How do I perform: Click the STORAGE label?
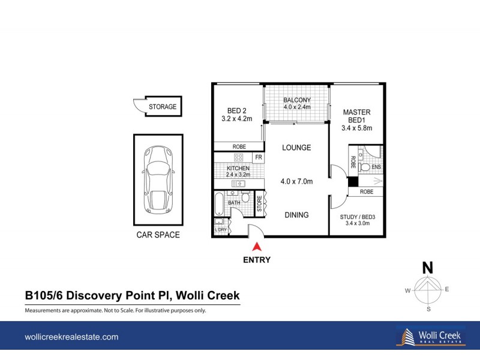(163, 107)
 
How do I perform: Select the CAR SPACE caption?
(158, 235)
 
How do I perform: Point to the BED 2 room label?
(237, 110)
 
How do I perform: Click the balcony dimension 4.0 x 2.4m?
(297, 107)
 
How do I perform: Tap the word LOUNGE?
(297, 147)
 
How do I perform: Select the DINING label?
(296, 215)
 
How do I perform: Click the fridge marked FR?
(259, 157)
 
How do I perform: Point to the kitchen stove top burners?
(238, 157)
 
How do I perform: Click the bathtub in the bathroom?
(219, 205)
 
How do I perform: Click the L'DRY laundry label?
(220, 230)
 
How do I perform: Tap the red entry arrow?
(257, 245)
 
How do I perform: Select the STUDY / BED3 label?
(356, 220)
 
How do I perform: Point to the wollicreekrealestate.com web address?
(71, 337)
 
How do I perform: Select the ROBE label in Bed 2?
(238, 146)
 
